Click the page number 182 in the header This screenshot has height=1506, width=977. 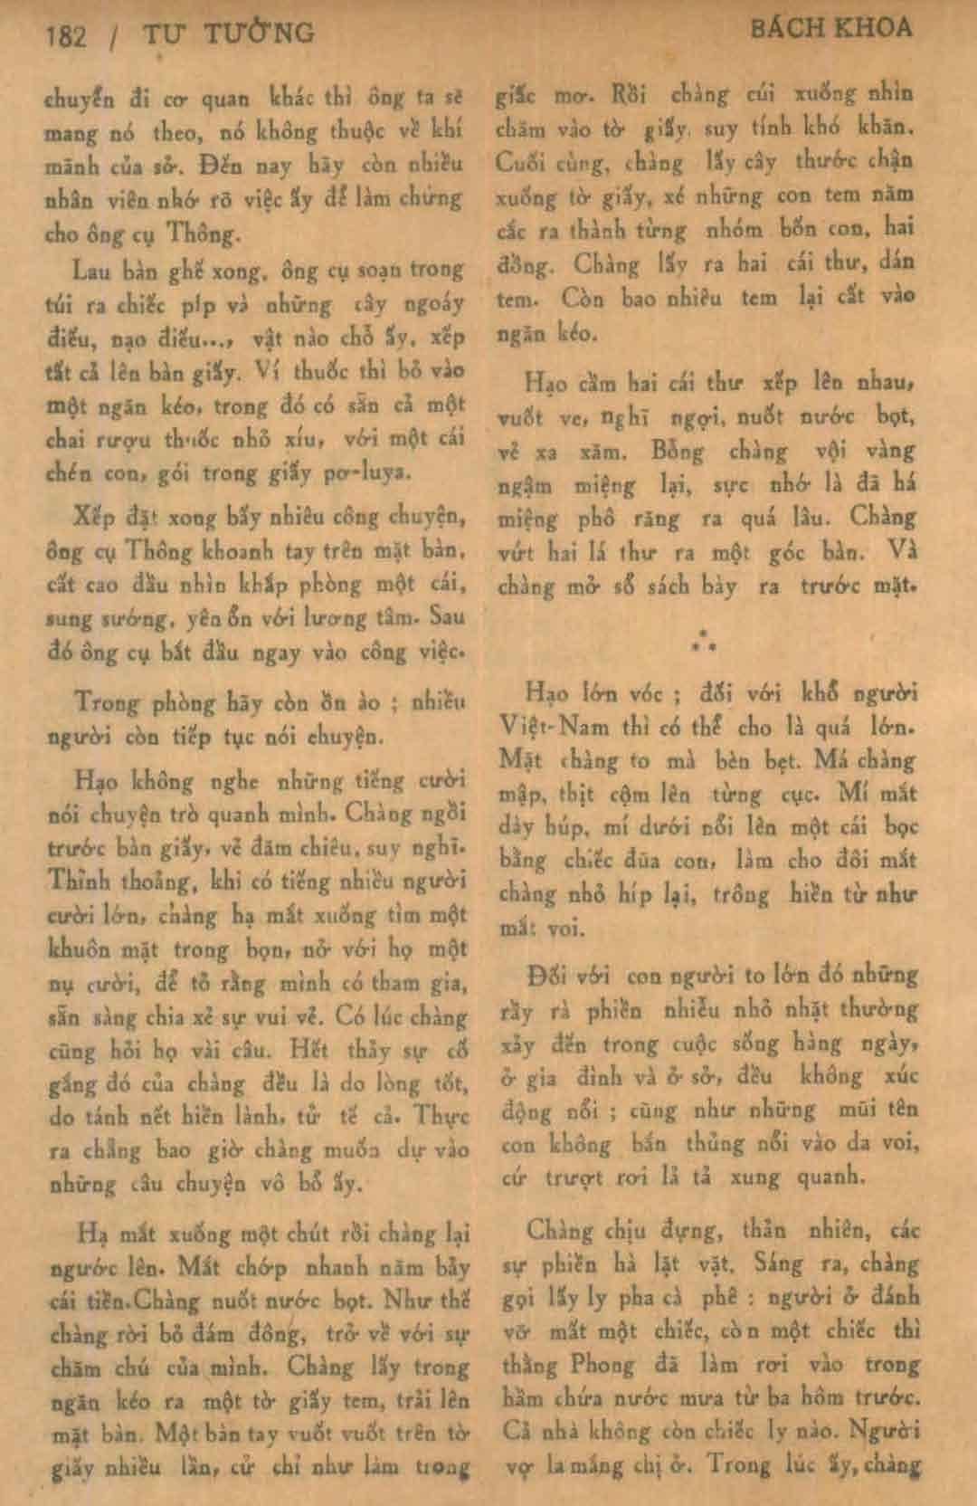(66, 36)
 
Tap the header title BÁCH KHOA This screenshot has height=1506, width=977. (831, 28)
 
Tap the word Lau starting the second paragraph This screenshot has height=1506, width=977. (91, 269)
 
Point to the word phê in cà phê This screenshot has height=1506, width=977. (723, 1296)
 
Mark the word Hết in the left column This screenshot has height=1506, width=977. (309, 1050)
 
